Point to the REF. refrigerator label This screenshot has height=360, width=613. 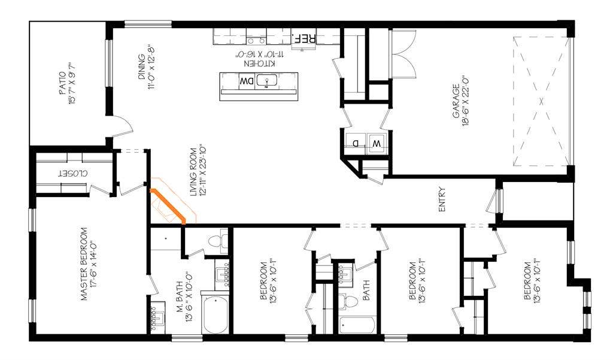pos(303,39)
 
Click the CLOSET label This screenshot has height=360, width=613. pos(72,173)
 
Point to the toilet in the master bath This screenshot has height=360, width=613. pos(214,241)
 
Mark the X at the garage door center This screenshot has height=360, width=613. pos(541,101)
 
